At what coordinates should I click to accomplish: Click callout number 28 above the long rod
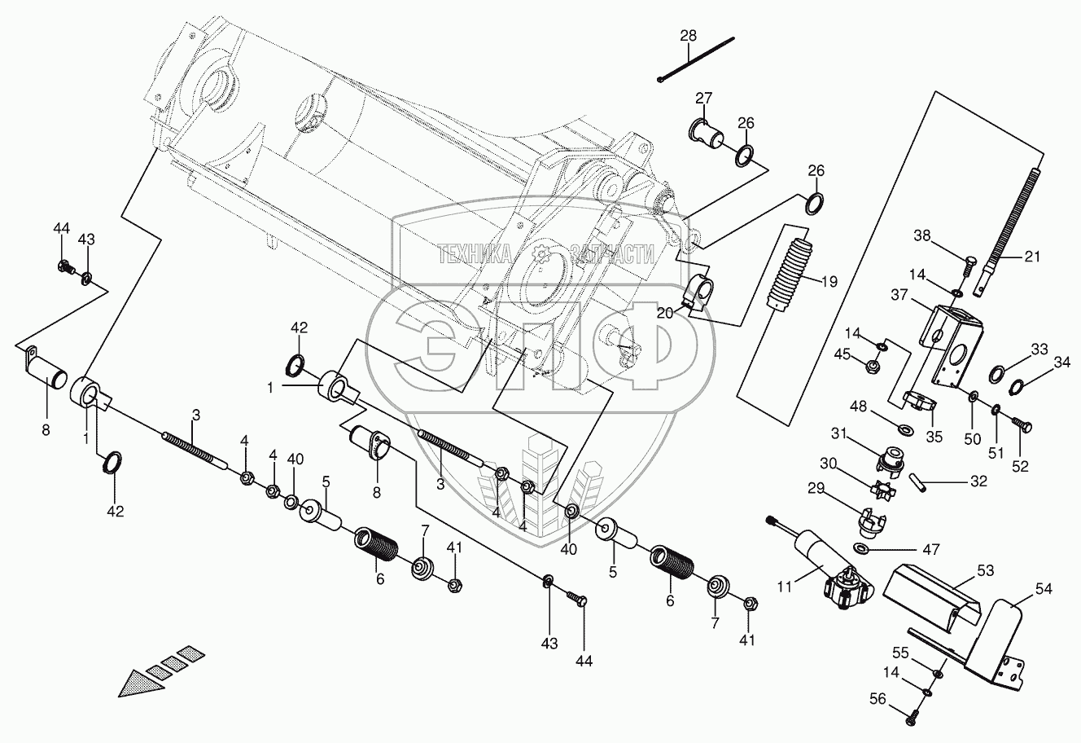(x=689, y=36)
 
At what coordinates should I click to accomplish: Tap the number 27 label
(x=703, y=99)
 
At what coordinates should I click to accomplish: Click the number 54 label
(x=1044, y=587)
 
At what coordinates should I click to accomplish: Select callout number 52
(x=1019, y=467)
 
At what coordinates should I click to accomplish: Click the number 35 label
(x=934, y=436)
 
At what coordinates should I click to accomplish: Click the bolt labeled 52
(x=1023, y=424)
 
